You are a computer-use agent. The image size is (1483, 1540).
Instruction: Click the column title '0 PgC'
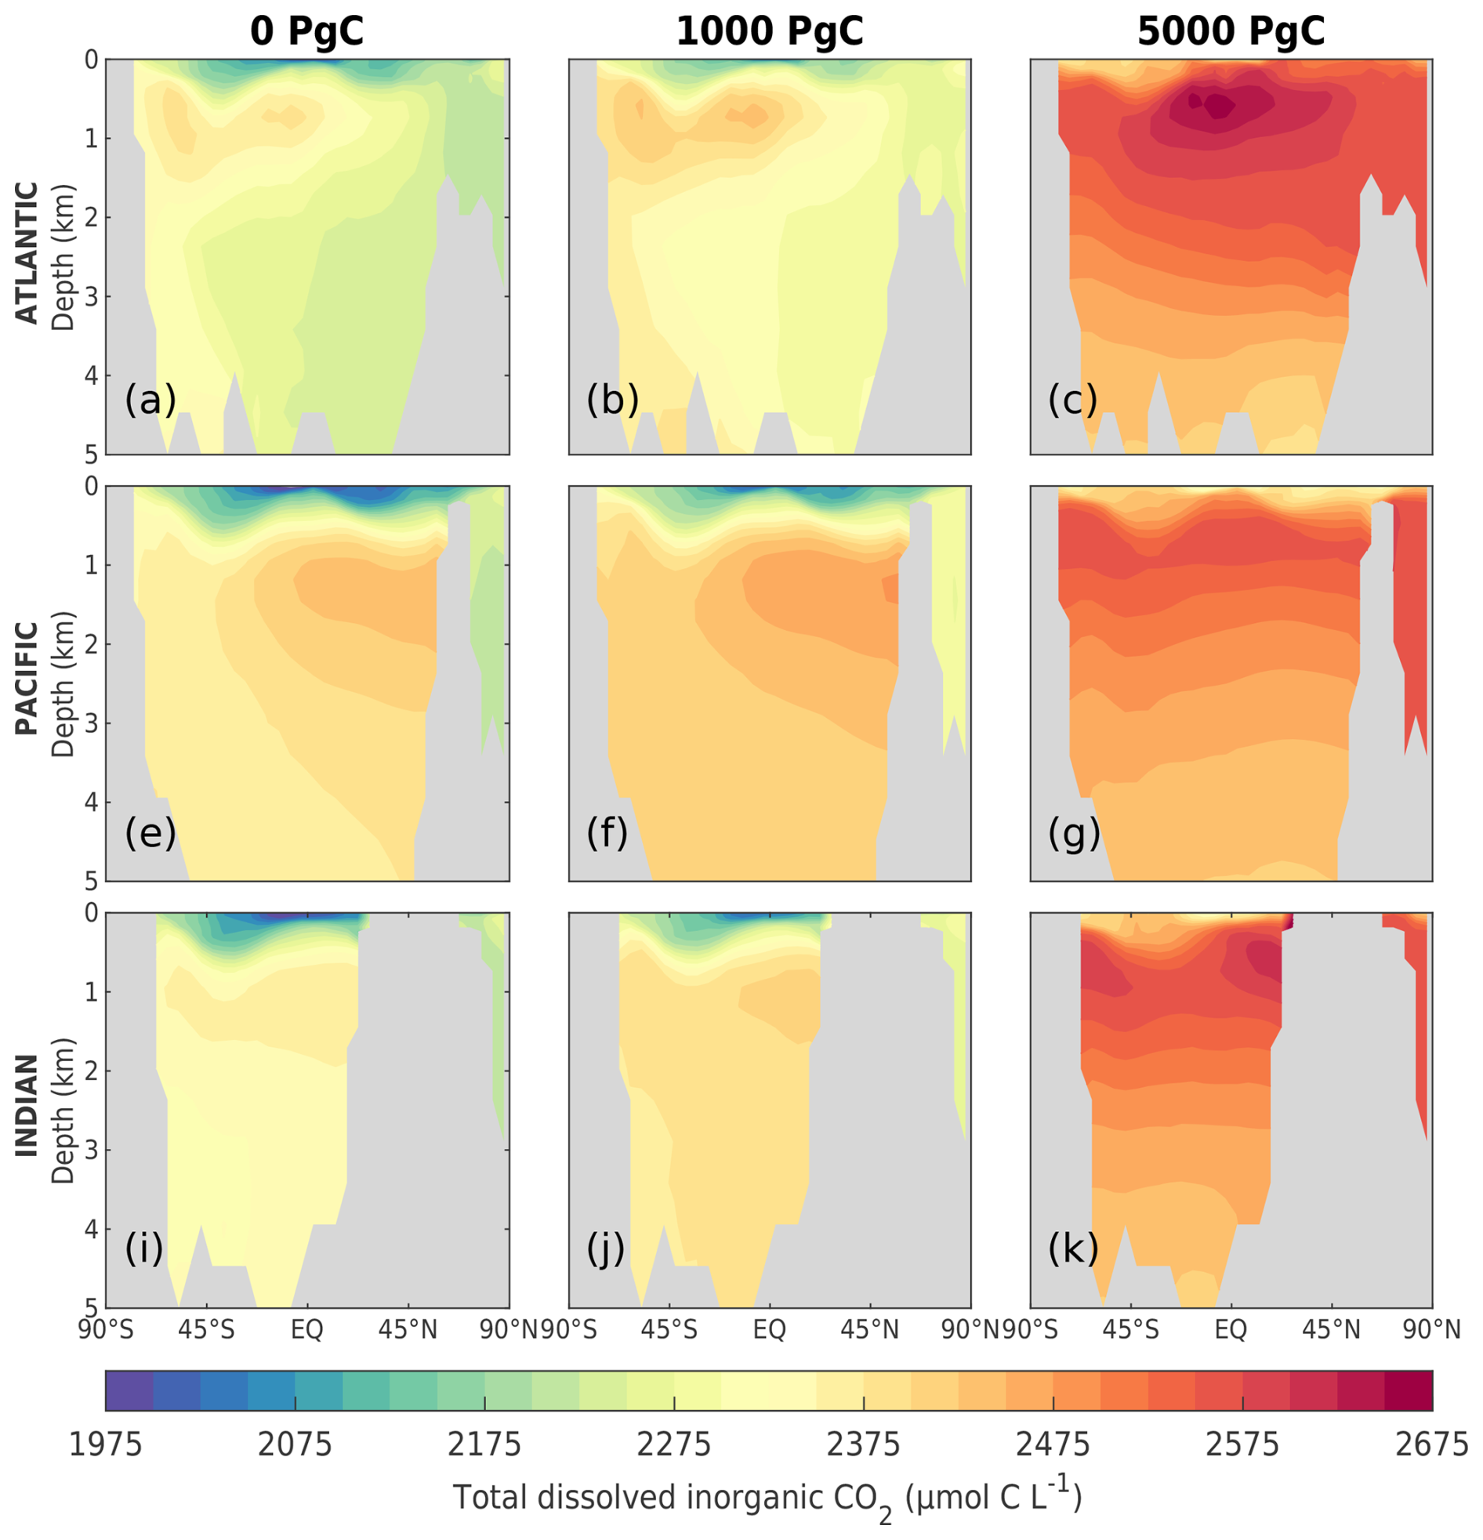pyautogui.click(x=306, y=31)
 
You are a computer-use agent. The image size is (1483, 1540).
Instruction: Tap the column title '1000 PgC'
pyautogui.click(x=770, y=31)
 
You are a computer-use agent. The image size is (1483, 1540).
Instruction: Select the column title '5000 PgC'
pyautogui.click(x=1231, y=31)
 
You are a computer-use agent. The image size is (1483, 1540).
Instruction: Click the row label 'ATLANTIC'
pyautogui.click(x=27, y=253)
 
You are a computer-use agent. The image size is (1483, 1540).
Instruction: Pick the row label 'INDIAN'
pyautogui.click(x=27, y=1106)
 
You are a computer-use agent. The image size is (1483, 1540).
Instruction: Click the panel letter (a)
pyautogui.click(x=150, y=400)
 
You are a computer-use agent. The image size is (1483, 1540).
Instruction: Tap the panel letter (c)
pyautogui.click(x=1073, y=400)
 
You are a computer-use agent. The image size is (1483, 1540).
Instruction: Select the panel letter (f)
pyautogui.click(x=607, y=833)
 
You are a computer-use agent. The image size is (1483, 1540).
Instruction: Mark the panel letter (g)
pyautogui.click(x=1074, y=833)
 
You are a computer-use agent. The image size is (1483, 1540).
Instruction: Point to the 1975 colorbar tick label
pyautogui.click(x=106, y=1444)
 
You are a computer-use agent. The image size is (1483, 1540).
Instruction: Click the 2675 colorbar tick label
pyautogui.click(x=1432, y=1444)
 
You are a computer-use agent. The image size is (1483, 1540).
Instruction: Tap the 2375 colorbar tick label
pyautogui.click(x=864, y=1444)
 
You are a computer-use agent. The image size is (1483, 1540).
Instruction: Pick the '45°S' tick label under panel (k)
pyautogui.click(x=1130, y=1330)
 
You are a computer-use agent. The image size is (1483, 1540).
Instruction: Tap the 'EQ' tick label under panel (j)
pyautogui.click(x=770, y=1330)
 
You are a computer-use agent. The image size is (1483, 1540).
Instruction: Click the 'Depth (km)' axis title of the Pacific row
pyautogui.click(x=63, y=683)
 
